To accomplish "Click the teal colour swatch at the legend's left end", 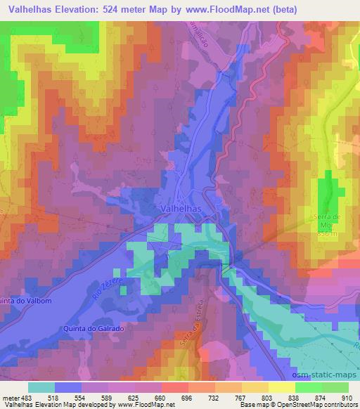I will pos(41,387).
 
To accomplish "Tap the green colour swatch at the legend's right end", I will pos(335,387).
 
